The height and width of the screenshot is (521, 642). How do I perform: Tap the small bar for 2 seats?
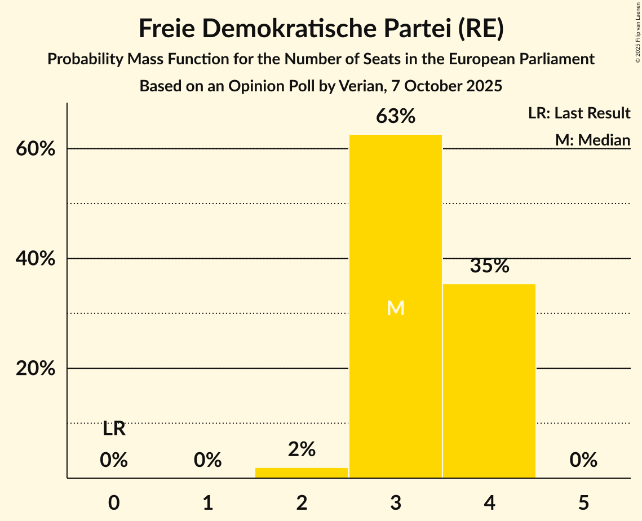tap(302, 473)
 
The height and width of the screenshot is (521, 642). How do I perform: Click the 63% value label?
tap(396, 117)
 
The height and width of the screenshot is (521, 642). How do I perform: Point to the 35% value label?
tap(489, 266)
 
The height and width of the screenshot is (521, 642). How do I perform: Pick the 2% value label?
tap(302, 449)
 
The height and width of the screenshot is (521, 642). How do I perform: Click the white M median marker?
tap(396, 308)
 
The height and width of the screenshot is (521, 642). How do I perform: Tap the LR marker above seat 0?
tap(114, 429)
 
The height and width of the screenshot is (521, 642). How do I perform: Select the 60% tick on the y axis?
tap(39, 149)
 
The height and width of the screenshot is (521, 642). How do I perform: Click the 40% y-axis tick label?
tap(39, 259)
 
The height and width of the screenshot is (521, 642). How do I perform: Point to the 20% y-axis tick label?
tap(39, 369)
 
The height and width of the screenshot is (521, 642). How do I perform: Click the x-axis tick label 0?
tap(114, 502)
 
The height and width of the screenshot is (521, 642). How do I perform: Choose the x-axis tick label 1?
tap(208, 502)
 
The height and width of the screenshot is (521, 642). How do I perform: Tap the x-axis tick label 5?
tap(583, 502)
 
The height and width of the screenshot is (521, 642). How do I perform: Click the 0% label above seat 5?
tap(583, 461)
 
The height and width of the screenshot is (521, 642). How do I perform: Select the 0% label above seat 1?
tap(208, 461)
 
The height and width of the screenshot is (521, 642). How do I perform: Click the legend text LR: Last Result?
tap(579, 113)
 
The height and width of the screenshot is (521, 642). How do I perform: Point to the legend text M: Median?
tap(592, 140)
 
